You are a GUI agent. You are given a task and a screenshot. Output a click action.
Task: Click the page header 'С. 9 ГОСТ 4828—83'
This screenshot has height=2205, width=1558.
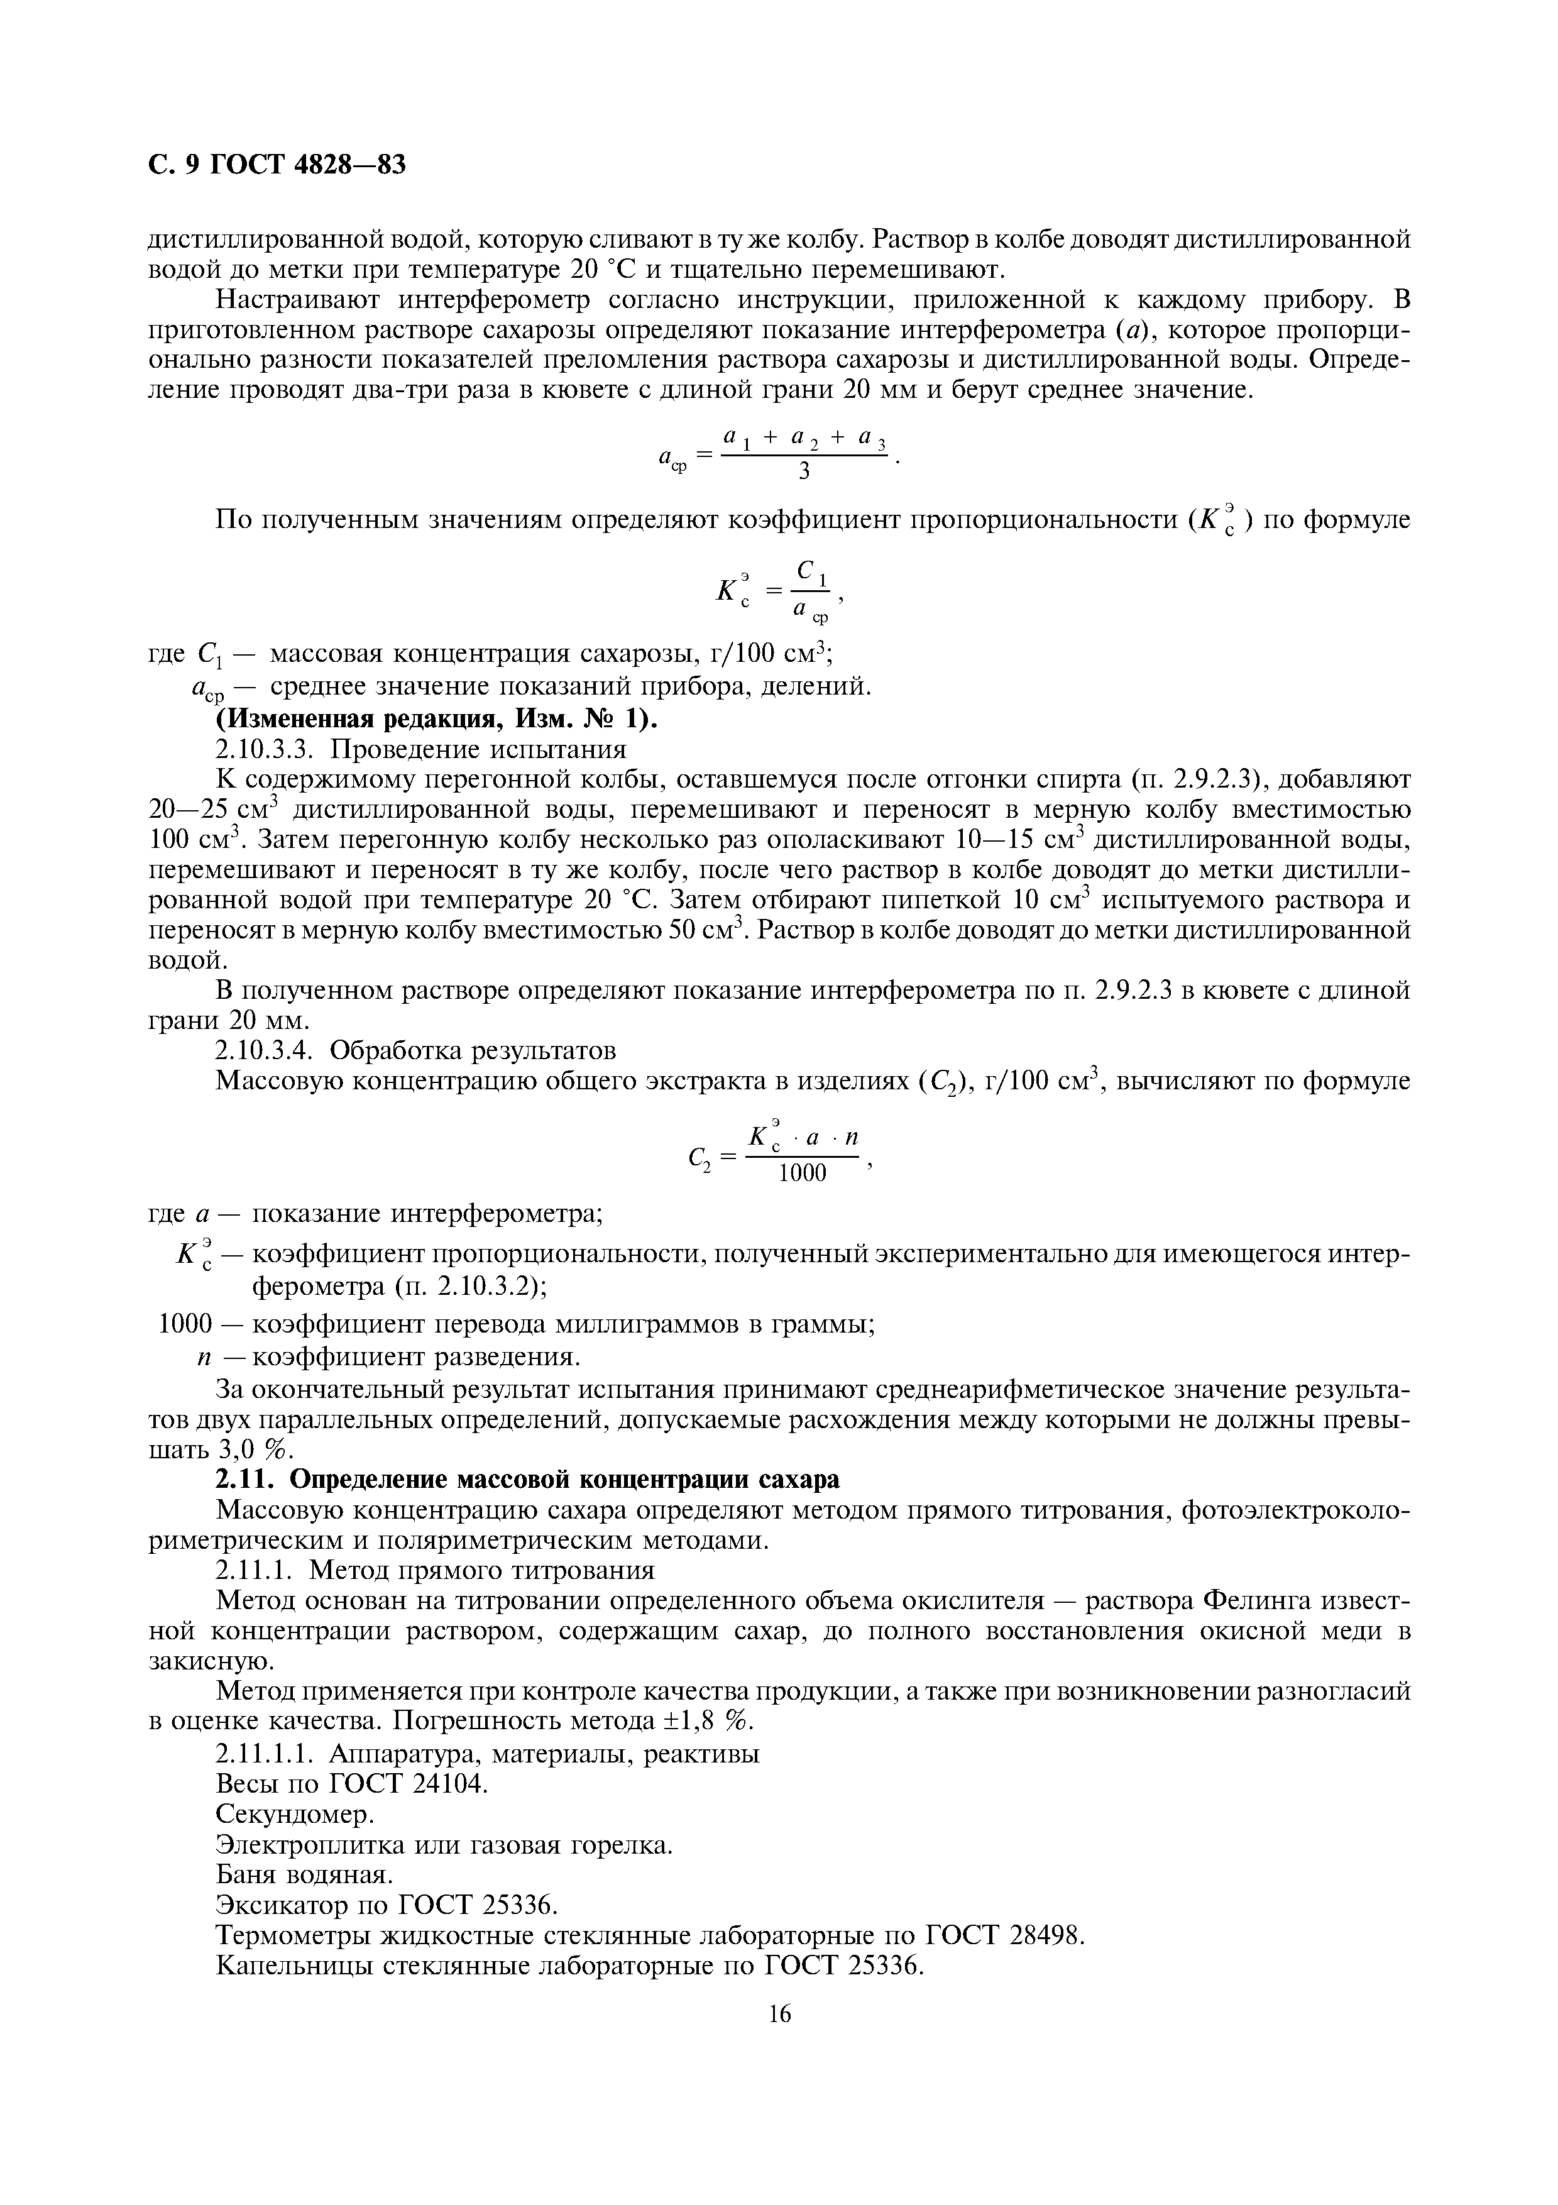point(277,165)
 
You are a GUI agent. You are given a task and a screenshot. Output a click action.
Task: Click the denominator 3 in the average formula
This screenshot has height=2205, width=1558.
point(804,471)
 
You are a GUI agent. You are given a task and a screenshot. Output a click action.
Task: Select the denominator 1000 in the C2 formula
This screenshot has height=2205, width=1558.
point(803,1174)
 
